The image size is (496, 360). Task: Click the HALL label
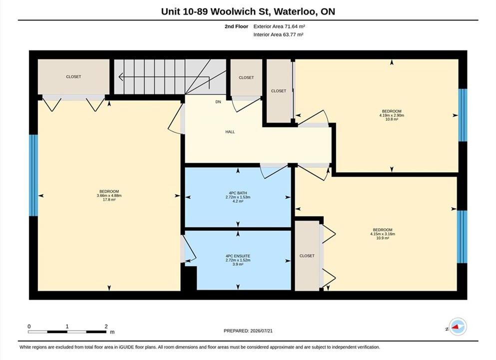[230, 131]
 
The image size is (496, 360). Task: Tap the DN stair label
[218, 102]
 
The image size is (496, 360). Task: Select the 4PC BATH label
[238, 193]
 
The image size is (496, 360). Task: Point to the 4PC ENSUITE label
[238, 256]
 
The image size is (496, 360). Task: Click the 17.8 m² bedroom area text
[109, 200]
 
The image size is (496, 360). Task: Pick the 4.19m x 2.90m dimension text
[392, 115]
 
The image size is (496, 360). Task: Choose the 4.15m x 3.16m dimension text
[383, 234]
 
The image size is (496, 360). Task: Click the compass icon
[458, 326]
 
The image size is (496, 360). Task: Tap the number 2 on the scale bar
[106, 326]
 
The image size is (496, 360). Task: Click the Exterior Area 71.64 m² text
[279, 26]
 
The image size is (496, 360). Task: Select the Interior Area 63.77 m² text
[278, 34]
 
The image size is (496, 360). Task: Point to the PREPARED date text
[248, 331]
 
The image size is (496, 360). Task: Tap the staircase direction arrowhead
[121, 76]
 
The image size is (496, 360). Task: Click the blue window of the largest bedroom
[33, 175]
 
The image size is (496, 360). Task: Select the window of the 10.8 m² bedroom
[463, 115]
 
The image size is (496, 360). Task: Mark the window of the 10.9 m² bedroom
[462, 236]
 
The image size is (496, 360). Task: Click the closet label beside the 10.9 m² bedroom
[307, 256]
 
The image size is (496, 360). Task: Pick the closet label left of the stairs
[73, 77]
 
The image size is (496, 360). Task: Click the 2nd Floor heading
[236, 26]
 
